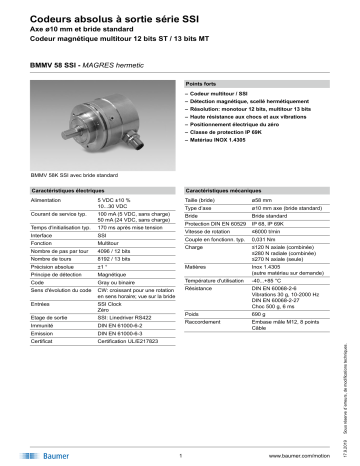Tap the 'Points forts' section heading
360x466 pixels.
point(203,87)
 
